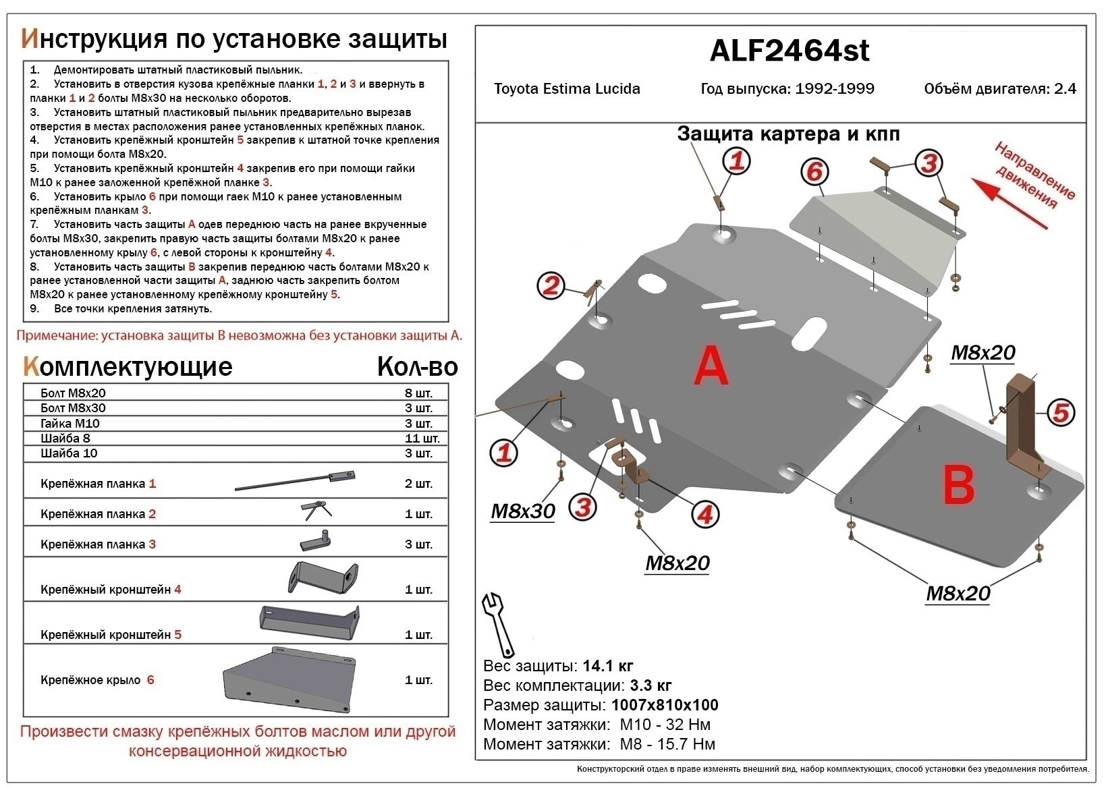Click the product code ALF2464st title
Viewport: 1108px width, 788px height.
(790, 51)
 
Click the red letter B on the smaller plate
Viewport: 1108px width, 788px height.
(959, 486)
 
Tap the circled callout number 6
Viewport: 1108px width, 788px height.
(814, 172)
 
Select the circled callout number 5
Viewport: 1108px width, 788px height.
(1060, 412)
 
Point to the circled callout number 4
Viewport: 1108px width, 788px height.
(705, 515)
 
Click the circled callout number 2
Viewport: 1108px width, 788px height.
(551, 286)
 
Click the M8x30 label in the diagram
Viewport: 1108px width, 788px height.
(522, 511)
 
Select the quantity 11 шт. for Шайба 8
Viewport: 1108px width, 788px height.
(422, 439)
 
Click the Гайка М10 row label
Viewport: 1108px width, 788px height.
(70, 424)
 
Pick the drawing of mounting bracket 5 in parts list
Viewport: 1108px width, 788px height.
(308, 621)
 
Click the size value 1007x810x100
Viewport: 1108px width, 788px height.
(665, 706)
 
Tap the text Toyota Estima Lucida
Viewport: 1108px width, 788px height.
(567, 89)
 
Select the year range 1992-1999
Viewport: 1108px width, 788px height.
(834, 89)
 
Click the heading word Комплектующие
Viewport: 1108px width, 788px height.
(128, 367)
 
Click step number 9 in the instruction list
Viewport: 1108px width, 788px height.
(34, 309)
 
